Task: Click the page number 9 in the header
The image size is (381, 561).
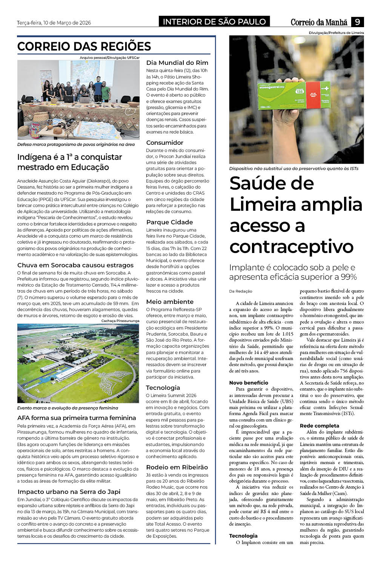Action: (357, 22)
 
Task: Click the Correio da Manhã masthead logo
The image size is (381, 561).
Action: (319, 22)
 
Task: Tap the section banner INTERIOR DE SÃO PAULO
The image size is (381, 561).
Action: (214, 22)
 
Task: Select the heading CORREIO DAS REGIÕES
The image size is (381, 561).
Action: (84, 46)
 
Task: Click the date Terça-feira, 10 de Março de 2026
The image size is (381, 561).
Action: (54, 23)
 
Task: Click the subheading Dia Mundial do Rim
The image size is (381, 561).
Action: (177, 63)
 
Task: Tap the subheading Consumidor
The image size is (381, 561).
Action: (164, 143)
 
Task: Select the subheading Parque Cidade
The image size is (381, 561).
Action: (169, 222)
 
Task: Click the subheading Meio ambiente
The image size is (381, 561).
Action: (170, 302)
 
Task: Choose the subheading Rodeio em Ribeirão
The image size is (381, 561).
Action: (177, 467)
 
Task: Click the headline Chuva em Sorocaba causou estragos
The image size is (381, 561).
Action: (75, 265)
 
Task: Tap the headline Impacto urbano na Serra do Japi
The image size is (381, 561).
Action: (69, 492)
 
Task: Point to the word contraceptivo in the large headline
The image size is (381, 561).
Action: (291, 247)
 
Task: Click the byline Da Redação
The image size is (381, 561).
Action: (241, 291)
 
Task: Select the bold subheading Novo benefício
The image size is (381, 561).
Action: (249, 383)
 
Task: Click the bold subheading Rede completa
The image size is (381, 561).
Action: (320, 426)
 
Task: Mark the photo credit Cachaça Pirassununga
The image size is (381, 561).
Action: (120, 321)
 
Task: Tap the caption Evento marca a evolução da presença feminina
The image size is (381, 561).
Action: (68, 408)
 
